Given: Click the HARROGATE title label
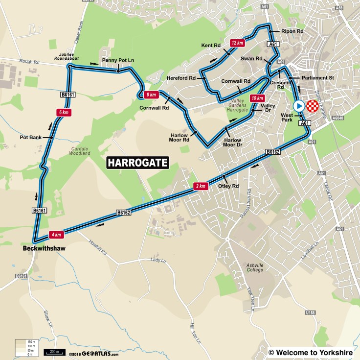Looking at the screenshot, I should pyautogui.click(x=137, y=163).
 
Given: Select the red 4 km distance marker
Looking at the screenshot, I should pyautogui.click(x=56, y=235).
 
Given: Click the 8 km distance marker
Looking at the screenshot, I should pyautogui.click(x=150, y=95).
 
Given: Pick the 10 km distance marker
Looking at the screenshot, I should pyautogui.click(x=256, y=98).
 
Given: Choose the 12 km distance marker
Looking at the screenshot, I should pyautogui.click(x=237, y=43).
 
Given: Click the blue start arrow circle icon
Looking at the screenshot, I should pyautogui.click(x=298, y=106).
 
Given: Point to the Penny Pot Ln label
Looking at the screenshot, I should pyautogui.click(x=118, y=61).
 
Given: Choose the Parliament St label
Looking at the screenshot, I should pyautogui.click(x=317, y=77).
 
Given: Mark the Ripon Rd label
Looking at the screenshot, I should pyautogui.click(x=293, y=31).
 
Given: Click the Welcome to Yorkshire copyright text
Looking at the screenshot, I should pyautogui.click(x=311, y=352).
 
